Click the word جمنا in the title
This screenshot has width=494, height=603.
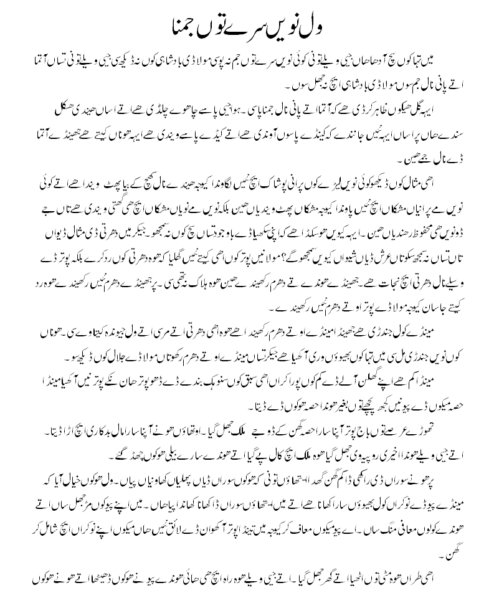192,28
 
